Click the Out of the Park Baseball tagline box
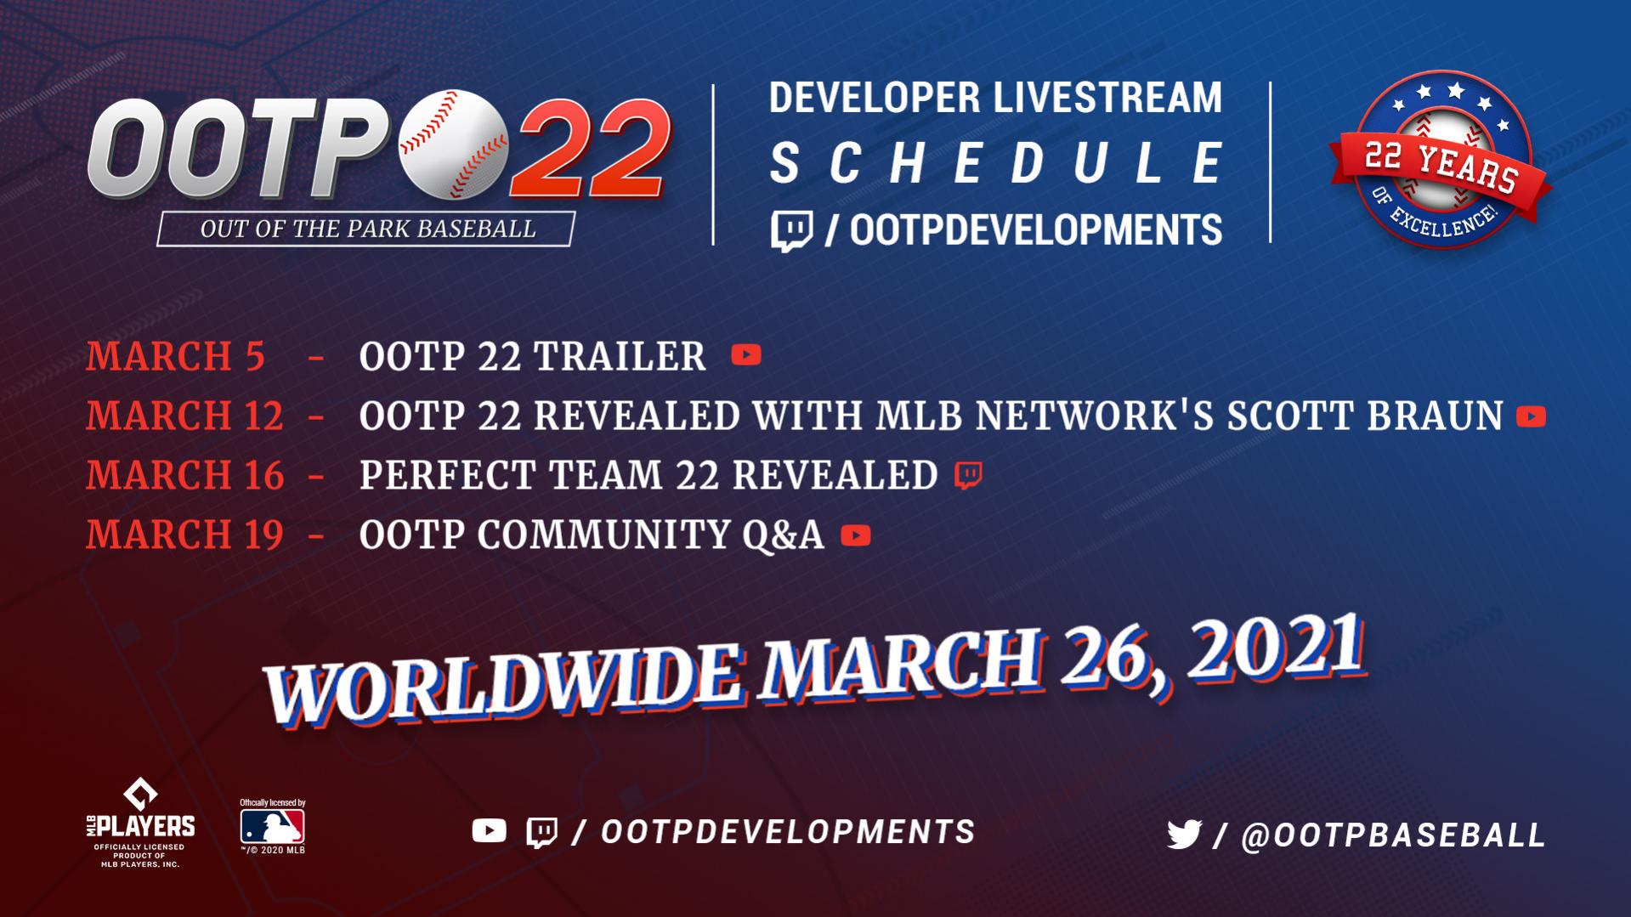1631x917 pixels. click(x=366, y=229)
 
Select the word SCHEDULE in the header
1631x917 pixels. click(x=996, y=163)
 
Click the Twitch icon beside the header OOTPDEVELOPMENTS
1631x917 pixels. click(x=791, y=231)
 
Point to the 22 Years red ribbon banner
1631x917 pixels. click(x=1441, y=174)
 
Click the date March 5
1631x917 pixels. click(x=175, y=356)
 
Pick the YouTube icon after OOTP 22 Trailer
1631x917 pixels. click(x=746, y=354)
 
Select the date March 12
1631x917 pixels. click(x=184, y=416)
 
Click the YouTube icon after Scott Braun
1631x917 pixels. click(x=1531, y=416)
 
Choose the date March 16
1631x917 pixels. click(x=184, y=475)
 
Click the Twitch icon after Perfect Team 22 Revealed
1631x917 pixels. click(x=968, y=476)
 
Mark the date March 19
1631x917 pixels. click(x=184, y=535)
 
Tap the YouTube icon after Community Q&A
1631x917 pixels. click(x=856, y=535)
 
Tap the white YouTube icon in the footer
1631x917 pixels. click(x=489, y=830)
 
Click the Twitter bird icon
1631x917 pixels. click(x=1184, y=835)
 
